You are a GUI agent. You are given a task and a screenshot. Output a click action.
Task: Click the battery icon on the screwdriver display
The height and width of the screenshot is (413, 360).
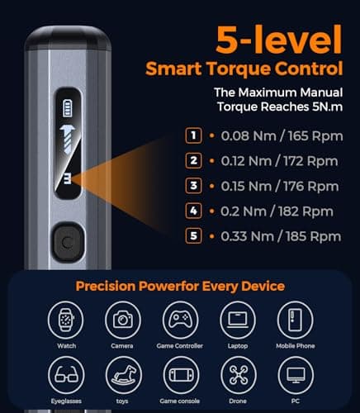coord(66,109)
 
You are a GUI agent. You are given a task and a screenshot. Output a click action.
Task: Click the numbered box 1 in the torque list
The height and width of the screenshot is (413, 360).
coord(193,135)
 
